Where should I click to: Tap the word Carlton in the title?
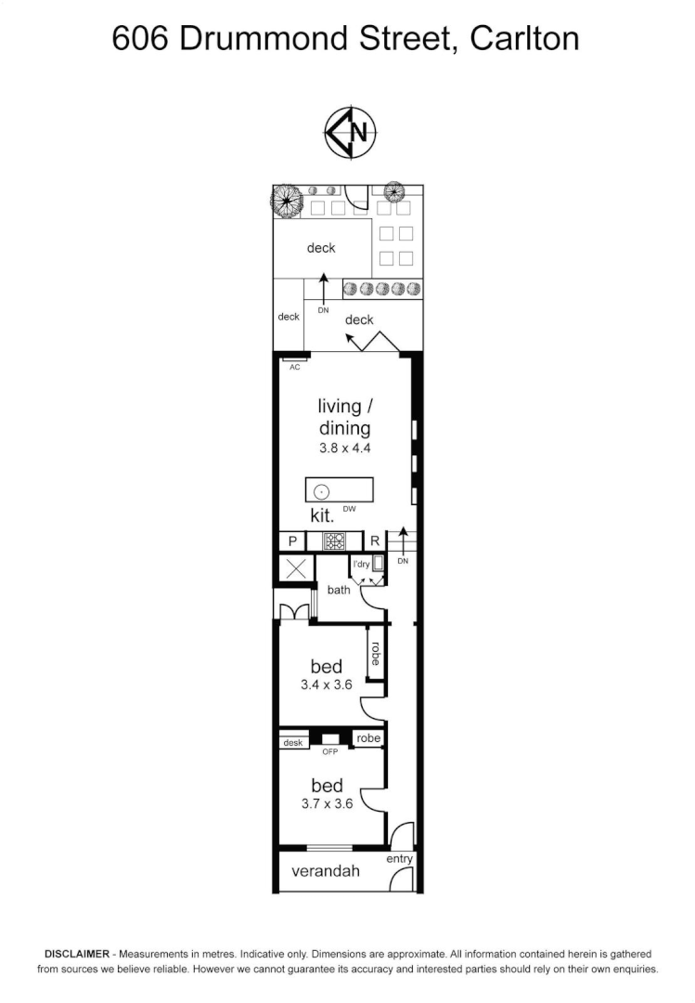coord(524,38)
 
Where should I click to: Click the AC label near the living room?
coord(295,367)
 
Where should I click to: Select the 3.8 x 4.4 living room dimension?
coord(344,447)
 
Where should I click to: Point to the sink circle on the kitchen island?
coord(321,490)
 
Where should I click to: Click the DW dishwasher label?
coord(349,509)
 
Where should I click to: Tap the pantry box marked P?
coord(292,541)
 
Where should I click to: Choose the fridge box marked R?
coord(375,541)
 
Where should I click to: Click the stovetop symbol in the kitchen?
coord(333,541)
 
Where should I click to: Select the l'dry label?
coord(361,564)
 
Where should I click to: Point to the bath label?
coord(339,590)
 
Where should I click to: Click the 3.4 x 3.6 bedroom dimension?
coord(327,685)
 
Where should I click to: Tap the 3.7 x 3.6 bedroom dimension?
coord(327,804)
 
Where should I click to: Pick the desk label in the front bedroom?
coord(293,741)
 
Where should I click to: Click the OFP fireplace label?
coord(329,751)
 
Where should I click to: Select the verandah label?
coord(326,872)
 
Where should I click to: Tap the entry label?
coord(400,859)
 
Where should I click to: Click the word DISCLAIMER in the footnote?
coord(78,954)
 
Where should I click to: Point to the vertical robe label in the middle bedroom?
coord(375,655)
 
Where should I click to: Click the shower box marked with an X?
coord(296,568)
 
